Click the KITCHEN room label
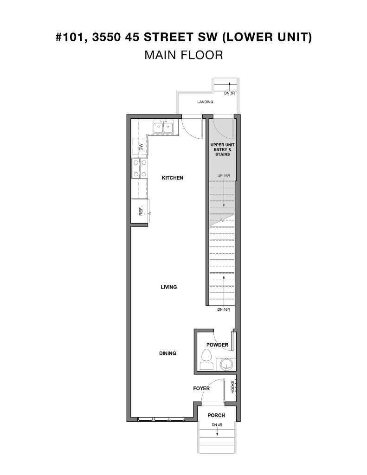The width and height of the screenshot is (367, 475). [x=172, y=178]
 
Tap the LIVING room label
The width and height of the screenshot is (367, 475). [x=169, y=287]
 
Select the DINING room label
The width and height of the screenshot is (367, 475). [x=167, y=353]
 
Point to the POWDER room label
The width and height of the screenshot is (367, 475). [x=218, y=345]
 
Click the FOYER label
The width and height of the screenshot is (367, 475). [x=201, y=388]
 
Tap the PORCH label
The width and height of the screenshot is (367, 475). [x=216, y=416]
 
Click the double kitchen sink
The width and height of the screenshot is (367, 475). [x=163, y=127]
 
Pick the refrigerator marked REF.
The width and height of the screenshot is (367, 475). [x=140, y=212]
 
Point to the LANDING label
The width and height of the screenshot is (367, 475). [x=205, y=102]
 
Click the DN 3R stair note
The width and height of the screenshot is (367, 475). [x=229, y=94]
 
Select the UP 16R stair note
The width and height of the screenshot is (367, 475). [x=224, y=176]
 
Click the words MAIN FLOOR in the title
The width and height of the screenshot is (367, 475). [x=183, y=55]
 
